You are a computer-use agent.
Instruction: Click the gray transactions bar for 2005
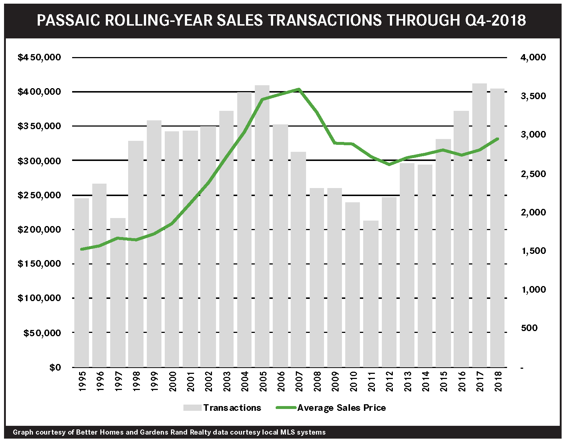(262, 227)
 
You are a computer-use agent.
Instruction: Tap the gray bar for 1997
(118, 293)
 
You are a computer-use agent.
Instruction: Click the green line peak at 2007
(298, 89)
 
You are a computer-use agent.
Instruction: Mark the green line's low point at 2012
(389, 165)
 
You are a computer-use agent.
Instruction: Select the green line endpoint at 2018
(497, 139)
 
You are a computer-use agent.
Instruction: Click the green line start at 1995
(82, 249)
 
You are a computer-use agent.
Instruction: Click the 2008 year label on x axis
(317, 382)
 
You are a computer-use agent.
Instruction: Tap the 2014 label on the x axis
(425, 382)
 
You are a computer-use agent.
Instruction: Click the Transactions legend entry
(232, 408)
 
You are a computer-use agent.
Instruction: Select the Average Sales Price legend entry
(341, 408)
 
